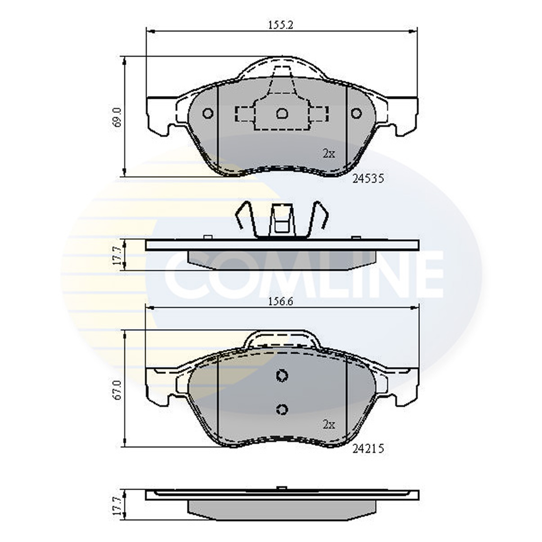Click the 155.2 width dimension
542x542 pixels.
281,25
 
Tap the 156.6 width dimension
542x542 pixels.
281,302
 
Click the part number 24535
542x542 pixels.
368,179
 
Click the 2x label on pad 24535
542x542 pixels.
329,154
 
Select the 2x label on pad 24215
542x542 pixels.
329,432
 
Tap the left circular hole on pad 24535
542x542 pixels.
208,113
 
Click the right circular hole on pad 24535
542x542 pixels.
357,113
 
